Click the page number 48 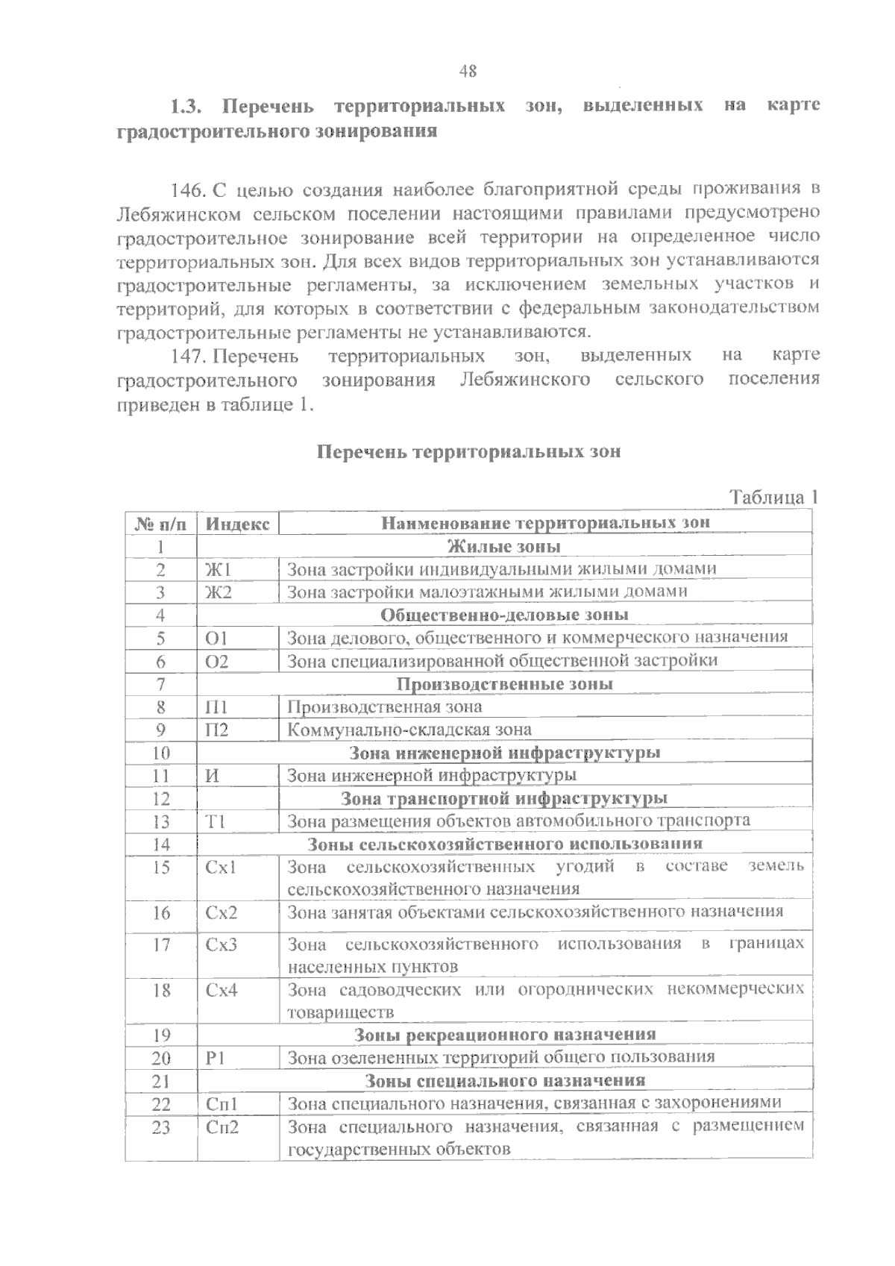(468, 72)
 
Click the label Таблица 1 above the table (774, 498)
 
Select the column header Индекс (237, 523)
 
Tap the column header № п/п (160, 523)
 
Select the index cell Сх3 (222, 944)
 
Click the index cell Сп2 (222, 1127)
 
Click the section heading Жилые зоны (504, 547)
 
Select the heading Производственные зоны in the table (505, 684)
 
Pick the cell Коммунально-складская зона (409, 730)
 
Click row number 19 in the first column (161, 1035)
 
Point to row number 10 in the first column (161, 753)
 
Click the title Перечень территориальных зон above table (469, 452)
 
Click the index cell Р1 (216, 1058)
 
